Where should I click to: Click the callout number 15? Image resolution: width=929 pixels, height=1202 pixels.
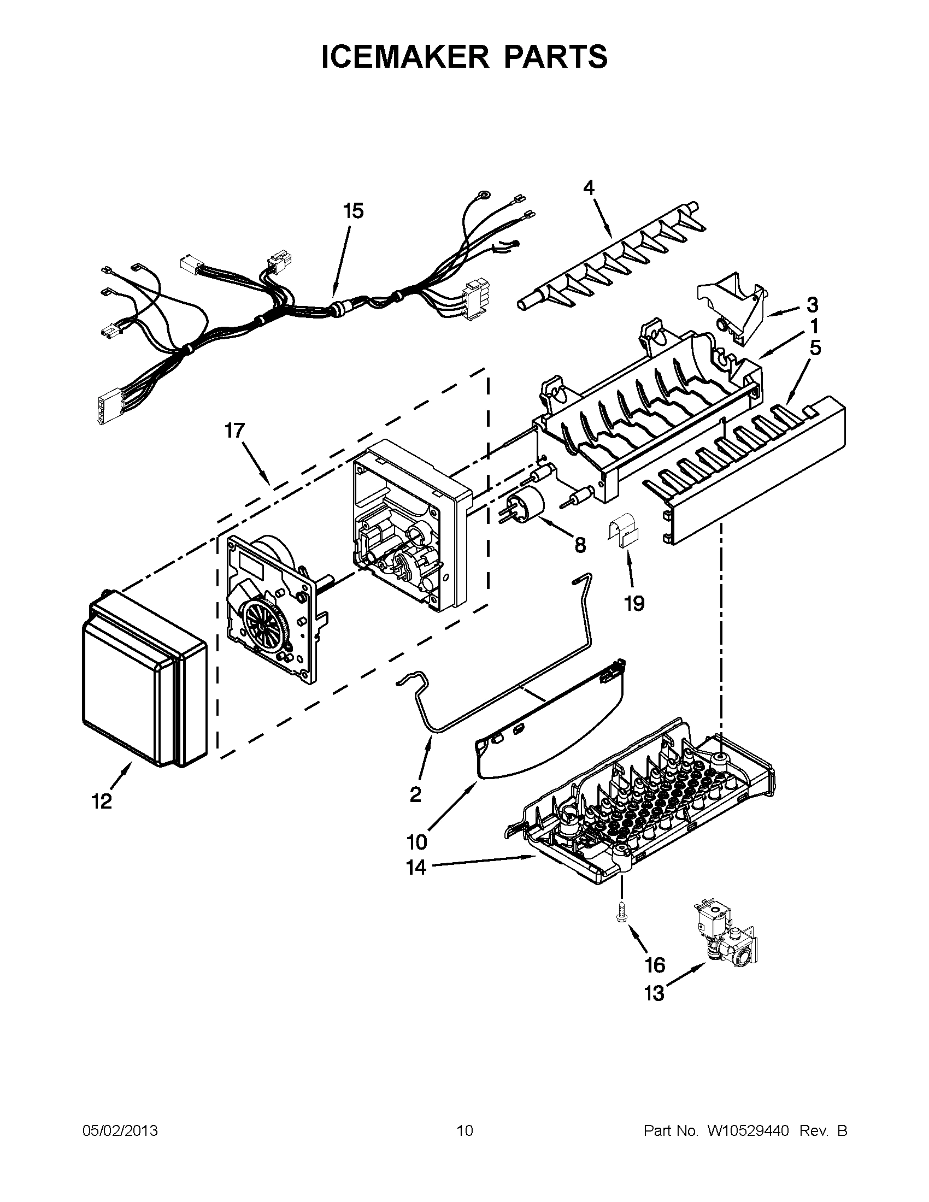tap(354, 211)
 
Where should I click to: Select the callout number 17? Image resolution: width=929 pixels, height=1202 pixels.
tap(234, 431)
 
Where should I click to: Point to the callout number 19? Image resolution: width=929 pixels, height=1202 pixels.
tap(634, 603)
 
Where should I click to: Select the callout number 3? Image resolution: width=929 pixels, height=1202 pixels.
tap(812, 304)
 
